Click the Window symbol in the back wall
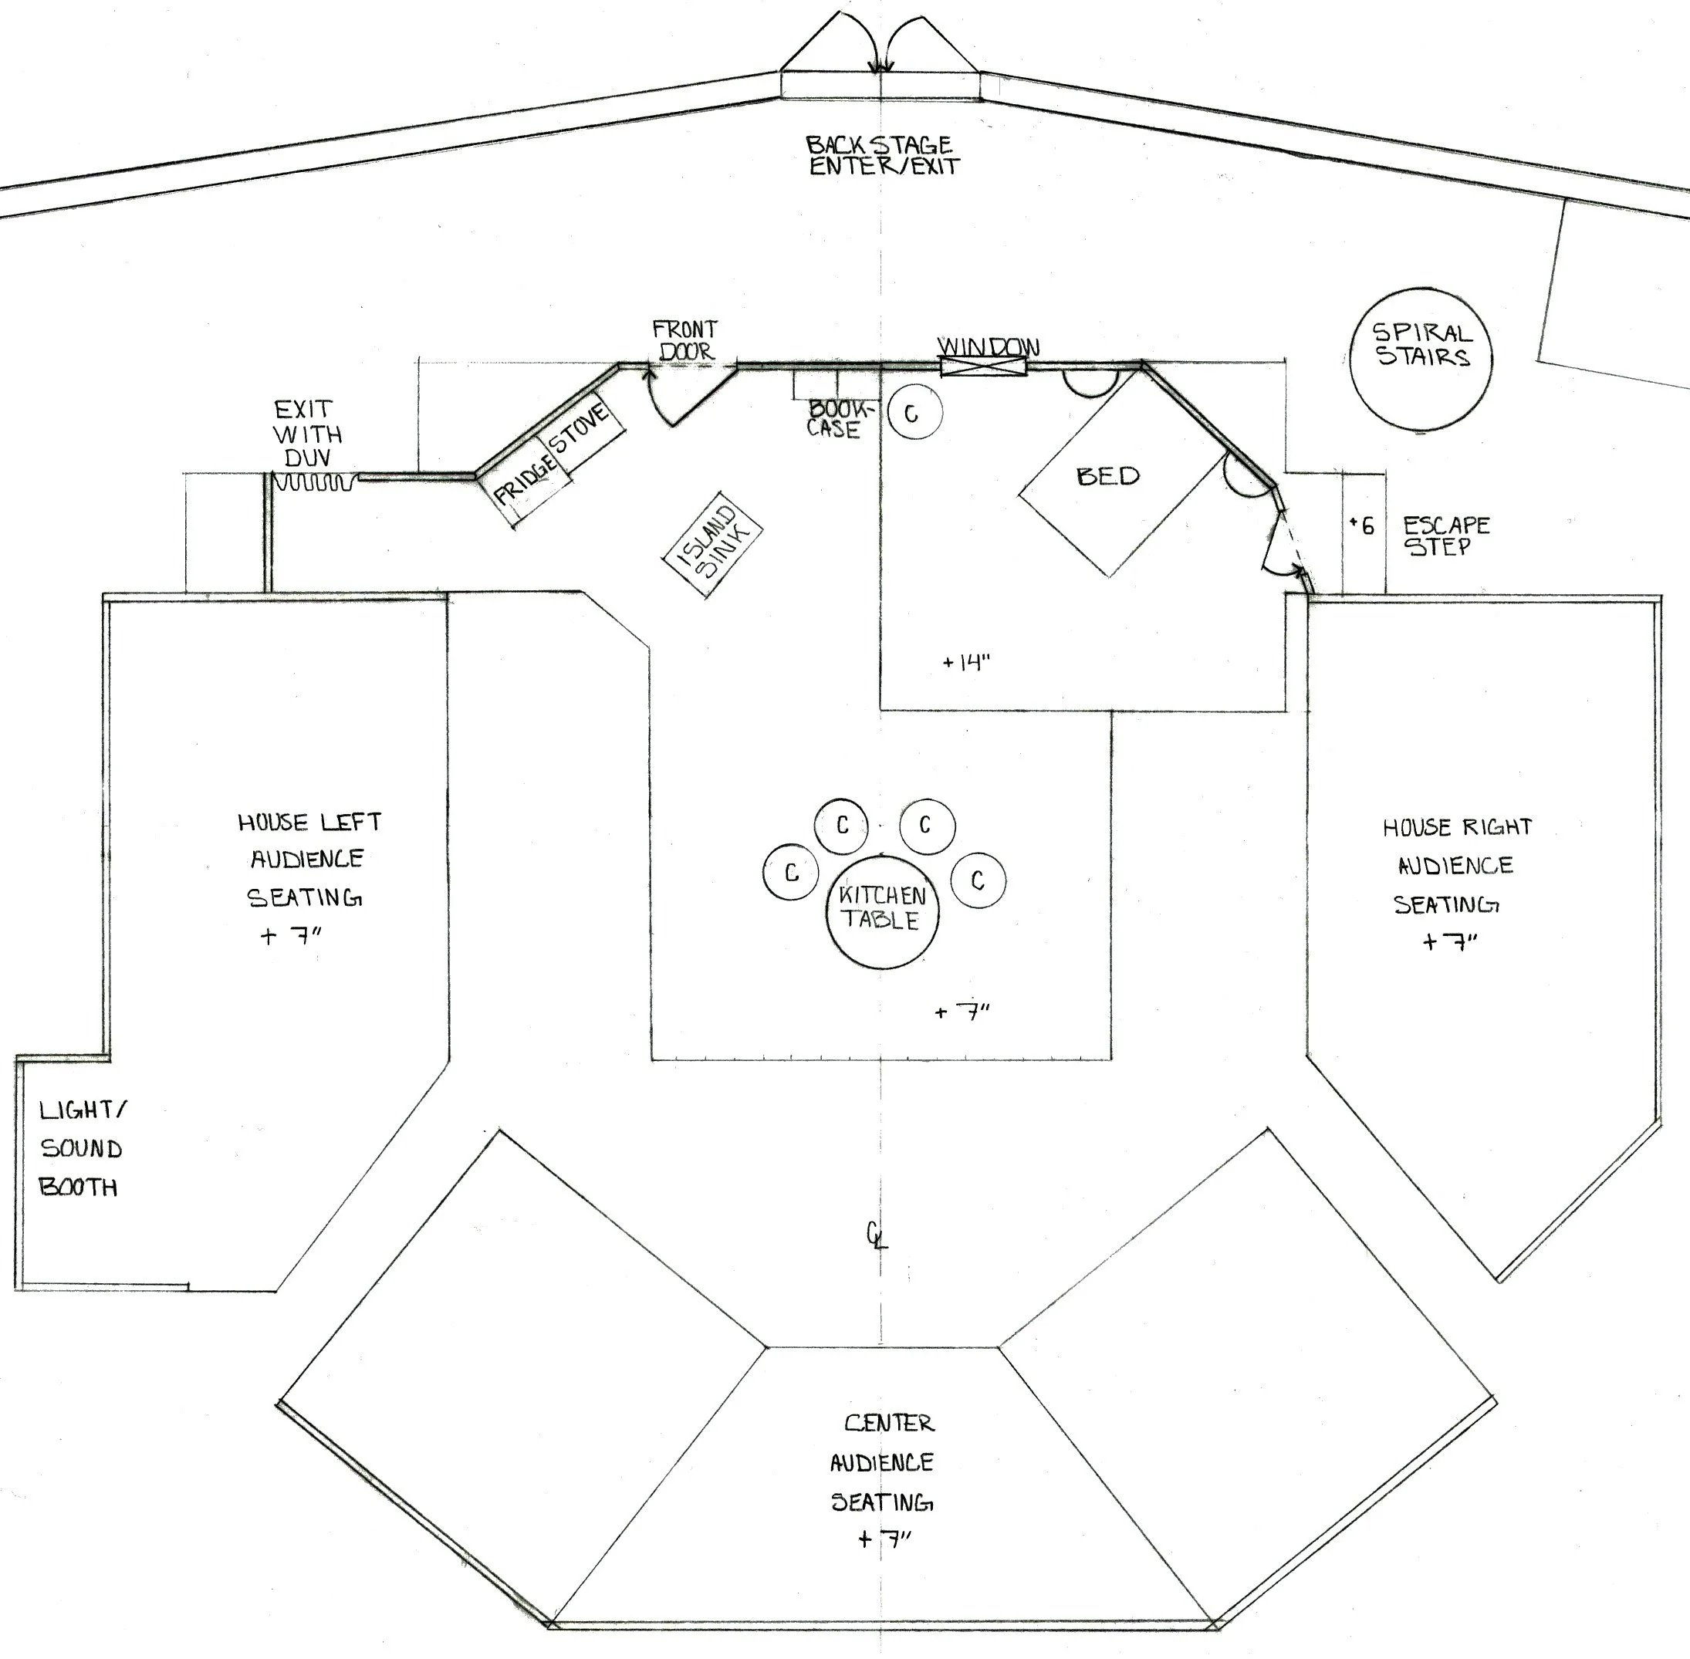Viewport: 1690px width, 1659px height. click(983, 367)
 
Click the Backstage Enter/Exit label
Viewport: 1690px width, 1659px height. click(881, 155)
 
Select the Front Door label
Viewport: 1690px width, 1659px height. click(685, 340)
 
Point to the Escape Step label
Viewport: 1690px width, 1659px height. click(1446, 536)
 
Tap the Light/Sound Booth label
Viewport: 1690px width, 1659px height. click(82, 1148)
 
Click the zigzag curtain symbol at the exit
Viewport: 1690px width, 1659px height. click(316, 481)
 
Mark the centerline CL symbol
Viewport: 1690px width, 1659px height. click(876, 1235)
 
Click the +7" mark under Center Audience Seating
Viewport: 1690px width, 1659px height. click(884, 1539)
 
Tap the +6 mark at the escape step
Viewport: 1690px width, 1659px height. click(1361, 525)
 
